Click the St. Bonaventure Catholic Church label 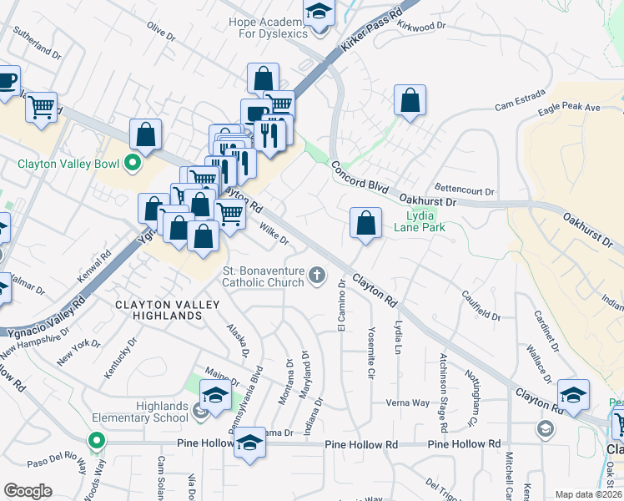(x=262, y=276)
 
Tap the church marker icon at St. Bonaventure (x=317, y=275)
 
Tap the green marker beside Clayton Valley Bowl (x=132, y=163)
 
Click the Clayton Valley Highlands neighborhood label (x=159, y=310)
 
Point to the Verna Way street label (x=407, y=402)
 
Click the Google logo (x=28, y=491)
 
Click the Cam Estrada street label (x=514, y=106)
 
